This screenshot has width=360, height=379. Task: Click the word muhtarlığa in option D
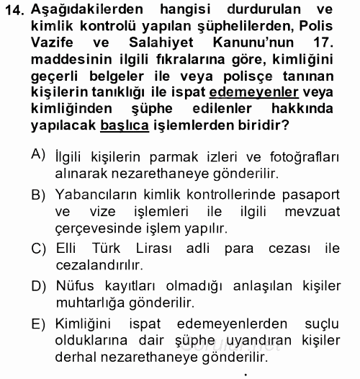(86, 303)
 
